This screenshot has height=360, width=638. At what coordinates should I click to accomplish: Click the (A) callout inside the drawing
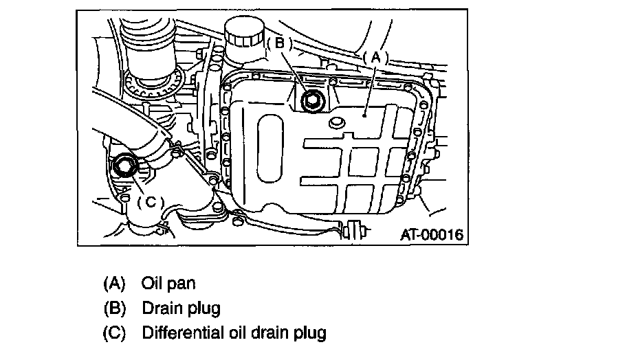375,58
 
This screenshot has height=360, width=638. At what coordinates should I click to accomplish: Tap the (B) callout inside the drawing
279,43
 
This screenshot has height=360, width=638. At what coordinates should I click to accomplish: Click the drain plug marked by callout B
313,101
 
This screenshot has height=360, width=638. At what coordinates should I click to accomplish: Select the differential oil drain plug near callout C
126,166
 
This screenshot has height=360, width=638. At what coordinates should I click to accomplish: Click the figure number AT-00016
431,234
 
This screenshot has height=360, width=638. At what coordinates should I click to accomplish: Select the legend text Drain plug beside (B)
181,308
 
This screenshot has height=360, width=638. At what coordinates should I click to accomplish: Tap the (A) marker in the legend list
114,282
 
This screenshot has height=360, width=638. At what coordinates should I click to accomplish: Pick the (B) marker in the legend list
114,308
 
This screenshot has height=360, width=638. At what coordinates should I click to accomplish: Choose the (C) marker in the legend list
114,333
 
